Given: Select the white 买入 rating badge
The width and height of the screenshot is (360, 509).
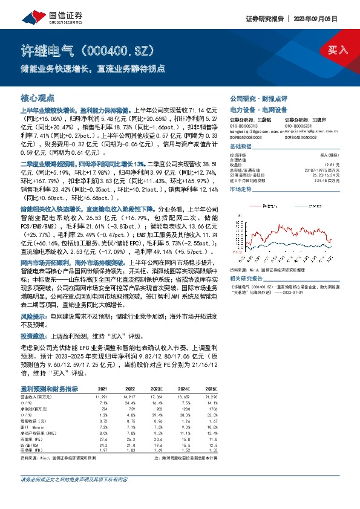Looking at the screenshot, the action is (337, 50).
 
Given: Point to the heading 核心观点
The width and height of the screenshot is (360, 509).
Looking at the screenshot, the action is (38, 97).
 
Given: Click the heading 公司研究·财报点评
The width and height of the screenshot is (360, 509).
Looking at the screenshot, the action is (258, 98).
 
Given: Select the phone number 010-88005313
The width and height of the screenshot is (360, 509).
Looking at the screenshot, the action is (244, 126).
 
